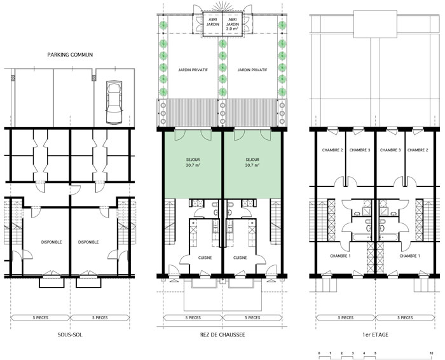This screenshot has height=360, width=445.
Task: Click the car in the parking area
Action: click(114, 102)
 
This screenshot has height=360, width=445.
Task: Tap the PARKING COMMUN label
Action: click(70, 55)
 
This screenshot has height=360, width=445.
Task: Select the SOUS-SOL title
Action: click(70, 335)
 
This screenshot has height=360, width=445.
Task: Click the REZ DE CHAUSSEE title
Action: click(222, 335)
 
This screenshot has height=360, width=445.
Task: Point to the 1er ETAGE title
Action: click(375, 335)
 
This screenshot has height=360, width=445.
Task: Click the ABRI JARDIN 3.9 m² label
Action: click(232, 24)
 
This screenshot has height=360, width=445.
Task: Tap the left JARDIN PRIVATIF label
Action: click(193, 70)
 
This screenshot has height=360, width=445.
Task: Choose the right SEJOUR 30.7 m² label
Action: click(252, 162)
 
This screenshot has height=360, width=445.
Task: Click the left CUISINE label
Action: click(205, 258)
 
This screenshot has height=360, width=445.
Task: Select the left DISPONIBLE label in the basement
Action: click(51, 242)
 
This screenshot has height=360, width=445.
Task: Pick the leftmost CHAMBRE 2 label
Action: click(332, 150)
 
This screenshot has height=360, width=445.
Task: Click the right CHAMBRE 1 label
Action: click(410, 256)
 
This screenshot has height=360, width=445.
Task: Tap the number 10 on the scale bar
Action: click(432, 353)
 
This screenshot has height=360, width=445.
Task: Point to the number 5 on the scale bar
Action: click(375, 353)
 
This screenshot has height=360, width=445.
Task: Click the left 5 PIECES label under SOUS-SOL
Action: click(40, 317)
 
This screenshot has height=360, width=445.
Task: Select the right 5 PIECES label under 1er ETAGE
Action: click(405, 317)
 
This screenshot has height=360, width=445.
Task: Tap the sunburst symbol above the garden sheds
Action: click(222, 6)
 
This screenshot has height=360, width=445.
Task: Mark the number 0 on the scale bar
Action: click(319, 353)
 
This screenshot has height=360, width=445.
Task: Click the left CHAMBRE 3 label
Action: click(360, 150)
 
